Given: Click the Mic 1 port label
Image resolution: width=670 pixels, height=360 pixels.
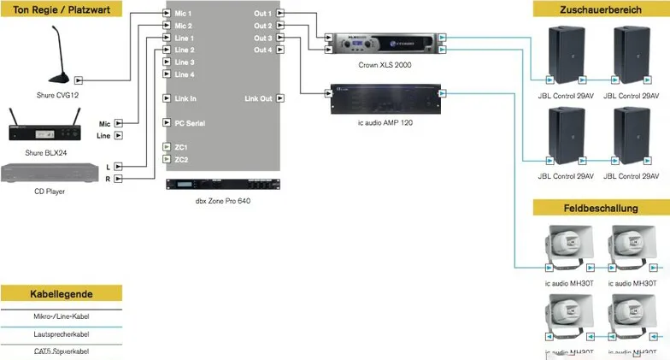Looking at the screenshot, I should coord(183,15).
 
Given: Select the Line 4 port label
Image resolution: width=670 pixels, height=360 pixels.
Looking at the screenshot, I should coord(184,74).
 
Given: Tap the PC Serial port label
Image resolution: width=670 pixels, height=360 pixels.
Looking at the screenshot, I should coord(189,123).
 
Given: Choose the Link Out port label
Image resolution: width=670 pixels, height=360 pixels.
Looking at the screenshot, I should coord(258,98).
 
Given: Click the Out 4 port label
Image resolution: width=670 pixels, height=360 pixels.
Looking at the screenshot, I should coord(262,50).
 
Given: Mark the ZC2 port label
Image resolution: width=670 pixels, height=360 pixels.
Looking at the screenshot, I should coord(181,160).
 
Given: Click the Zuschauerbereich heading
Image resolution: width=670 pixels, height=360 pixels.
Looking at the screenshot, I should coord(602,9).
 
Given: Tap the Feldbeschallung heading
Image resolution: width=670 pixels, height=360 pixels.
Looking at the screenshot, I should coord(602,208).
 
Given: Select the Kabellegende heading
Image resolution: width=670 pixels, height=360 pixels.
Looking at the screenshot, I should coord(62,293).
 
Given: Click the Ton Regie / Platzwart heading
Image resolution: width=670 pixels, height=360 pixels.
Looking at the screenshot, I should coord(61,9).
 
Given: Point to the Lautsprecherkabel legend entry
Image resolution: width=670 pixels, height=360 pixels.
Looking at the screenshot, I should coord(62,334).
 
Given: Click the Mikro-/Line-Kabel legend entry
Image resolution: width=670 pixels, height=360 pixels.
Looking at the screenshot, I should coord(62,316).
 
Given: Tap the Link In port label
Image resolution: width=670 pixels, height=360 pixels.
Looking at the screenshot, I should coord(185,98).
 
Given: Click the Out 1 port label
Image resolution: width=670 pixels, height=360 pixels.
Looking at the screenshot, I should coord(262,15).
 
